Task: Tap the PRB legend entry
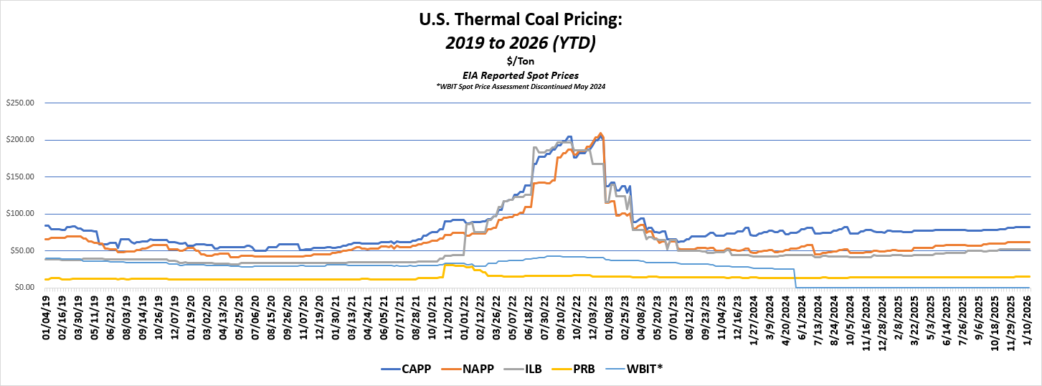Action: (586, 368)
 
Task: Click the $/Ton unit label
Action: (521, 62)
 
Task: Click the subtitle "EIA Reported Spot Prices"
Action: (521, 75)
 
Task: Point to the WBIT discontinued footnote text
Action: (521, 86)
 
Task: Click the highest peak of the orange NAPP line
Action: (600, 133)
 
